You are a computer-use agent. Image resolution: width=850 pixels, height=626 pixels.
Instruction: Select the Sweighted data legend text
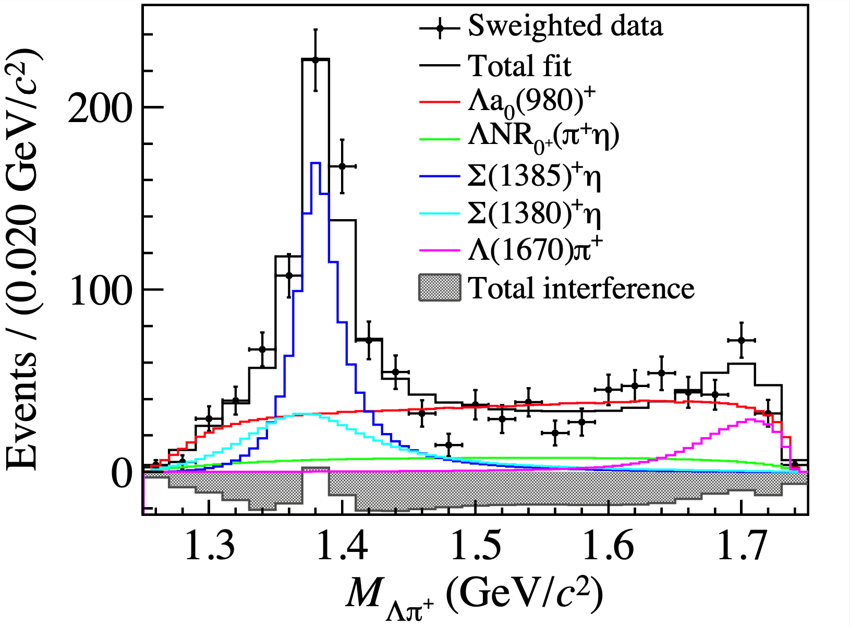click(x=565, y=26)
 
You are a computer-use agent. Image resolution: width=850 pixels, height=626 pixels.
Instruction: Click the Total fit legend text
click(x=519, y=66)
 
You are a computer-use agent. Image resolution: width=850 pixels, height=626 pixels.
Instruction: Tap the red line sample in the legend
click(x=440, y=101)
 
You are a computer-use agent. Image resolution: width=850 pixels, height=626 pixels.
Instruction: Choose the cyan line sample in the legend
click(x=440, y=214)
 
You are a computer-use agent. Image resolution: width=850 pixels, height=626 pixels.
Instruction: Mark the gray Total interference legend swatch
click(x=440, y=288)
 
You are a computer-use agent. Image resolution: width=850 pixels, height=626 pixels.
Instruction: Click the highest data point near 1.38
click(x=315, y=60)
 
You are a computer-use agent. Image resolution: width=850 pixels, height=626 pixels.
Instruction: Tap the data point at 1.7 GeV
click(x=741, y=340)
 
